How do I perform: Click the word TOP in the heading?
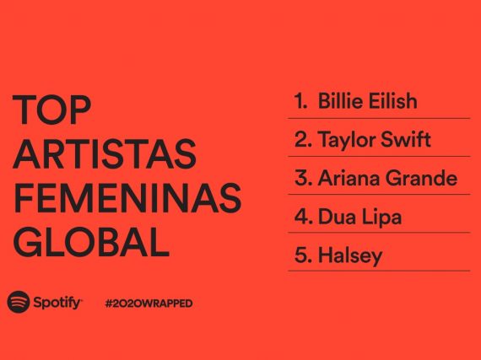[51, 110]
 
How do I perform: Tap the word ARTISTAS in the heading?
[105, 153]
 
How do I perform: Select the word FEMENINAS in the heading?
[127, 198]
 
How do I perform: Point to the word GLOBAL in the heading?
[91, 242]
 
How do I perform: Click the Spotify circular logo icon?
[19, 302]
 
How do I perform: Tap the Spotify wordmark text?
[57, 303]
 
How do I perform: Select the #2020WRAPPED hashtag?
[149, 304]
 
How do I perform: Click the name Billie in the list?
[341, 100]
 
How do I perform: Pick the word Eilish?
[393, 100]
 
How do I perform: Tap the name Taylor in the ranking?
[347, 140]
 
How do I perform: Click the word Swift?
[406, 139]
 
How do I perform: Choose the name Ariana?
[349, 178]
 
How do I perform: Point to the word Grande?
[421, 178]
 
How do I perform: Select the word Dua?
[337, 217]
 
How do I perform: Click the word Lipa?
[381, 218]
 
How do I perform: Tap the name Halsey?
[350, 255]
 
